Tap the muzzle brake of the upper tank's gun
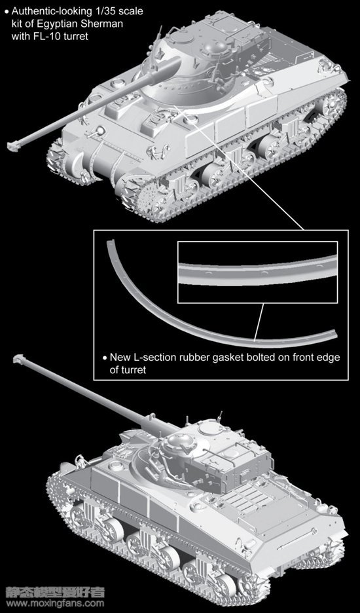(x=13, y=147)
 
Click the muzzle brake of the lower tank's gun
(x=20, y=358)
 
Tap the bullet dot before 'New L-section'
(x=104, y=358)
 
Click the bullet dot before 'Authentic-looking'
(x=7, y=12)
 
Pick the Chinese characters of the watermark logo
(x=55, y=592)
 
